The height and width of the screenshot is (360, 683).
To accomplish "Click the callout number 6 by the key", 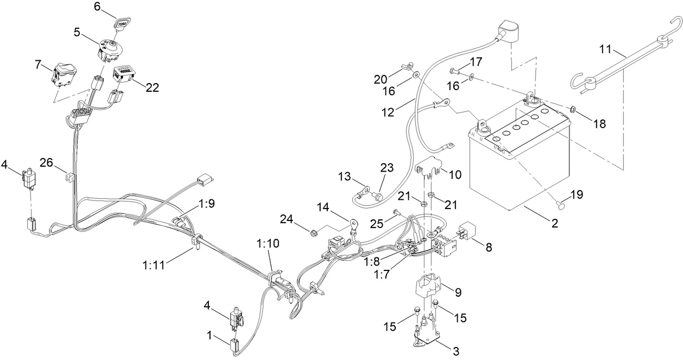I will pyautogui.click(x=97, y=7).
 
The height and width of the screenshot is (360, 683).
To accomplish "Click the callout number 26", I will pyautogui.click(x=47, y=162).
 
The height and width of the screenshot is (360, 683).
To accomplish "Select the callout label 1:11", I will pyautogui.click(x=154, y=265).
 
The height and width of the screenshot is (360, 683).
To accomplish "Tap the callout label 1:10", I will pyautogui.click(x=264, y=243).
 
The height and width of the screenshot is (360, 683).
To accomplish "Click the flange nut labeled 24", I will pyautogui.click(x=313, y=233).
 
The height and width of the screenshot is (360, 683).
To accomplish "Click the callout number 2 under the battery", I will pyautogui.click(x=554, y=223).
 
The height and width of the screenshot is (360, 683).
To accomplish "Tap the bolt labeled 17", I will pyautogui.click(x=453, y=70).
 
